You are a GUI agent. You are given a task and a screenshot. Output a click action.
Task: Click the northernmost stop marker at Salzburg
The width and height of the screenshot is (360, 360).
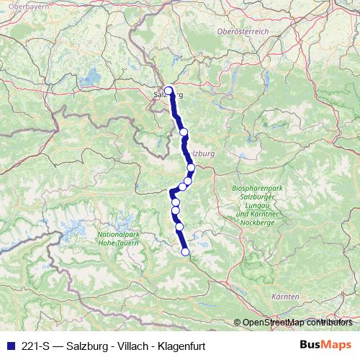click(x=168, y=91)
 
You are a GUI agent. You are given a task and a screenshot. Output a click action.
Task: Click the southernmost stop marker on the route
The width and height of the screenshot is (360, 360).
click(x=185, y=251)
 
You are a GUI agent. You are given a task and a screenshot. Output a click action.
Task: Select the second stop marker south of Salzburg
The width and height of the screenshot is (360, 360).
click(x=191, y=167)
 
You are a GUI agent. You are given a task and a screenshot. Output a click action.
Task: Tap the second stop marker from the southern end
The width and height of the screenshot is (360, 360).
click(x=179, y=227)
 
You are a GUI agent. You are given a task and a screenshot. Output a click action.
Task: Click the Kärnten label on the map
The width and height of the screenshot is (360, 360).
click(x=286, y=297)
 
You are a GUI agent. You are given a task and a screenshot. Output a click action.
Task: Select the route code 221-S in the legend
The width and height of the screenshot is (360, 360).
click(x=36, y=345)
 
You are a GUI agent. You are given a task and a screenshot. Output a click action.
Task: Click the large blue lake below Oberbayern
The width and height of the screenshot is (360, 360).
click(x=91, y=75)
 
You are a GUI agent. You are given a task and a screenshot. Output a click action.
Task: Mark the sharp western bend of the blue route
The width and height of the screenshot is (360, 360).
click(x=171, y=192)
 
